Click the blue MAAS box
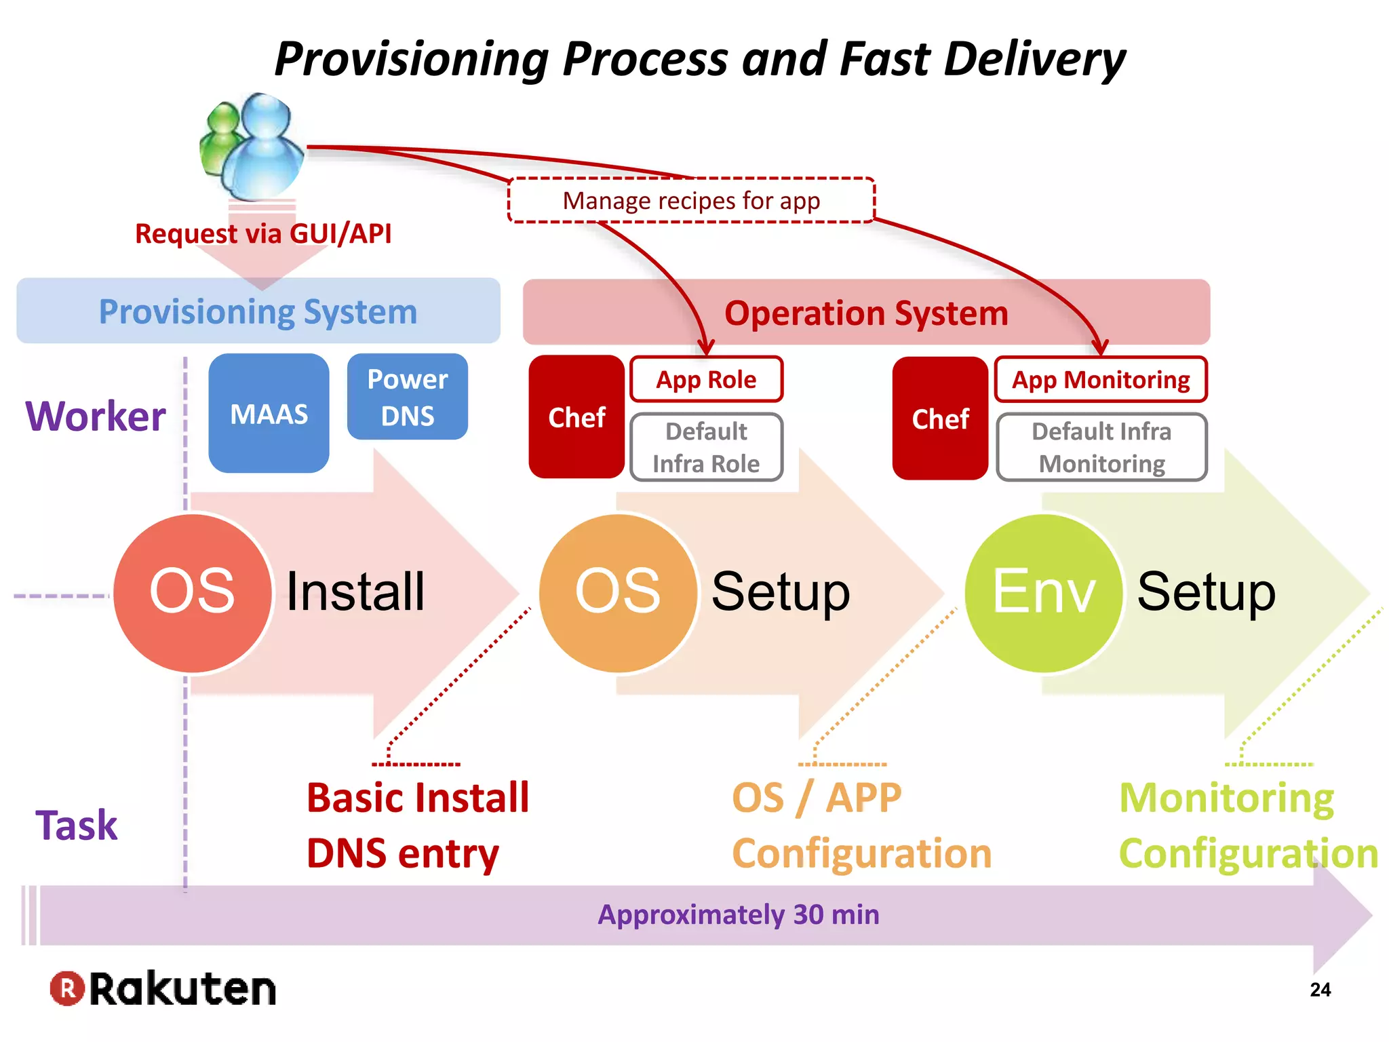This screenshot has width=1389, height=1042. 269,413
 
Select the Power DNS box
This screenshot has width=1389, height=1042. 407,397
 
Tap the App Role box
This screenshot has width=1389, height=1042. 706,379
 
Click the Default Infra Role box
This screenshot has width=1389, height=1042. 706,447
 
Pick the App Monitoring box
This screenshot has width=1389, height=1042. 1100,379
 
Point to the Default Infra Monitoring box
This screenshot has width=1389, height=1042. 1101,447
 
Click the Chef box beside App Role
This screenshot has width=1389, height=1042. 576,417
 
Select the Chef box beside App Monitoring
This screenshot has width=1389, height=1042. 940,419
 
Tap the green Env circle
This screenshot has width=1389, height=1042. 1044,593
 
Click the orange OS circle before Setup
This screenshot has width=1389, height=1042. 618,593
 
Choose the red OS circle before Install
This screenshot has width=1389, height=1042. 193,593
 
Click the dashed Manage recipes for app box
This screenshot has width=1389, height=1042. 691,201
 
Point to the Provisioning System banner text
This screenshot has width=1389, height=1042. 258,311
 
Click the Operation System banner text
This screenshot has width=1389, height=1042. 866,313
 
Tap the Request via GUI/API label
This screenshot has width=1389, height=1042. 263,233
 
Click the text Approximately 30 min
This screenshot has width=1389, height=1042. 738,914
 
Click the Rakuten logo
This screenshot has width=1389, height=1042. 163,988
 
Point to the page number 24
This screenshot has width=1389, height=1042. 1320,990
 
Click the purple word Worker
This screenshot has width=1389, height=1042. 96,416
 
